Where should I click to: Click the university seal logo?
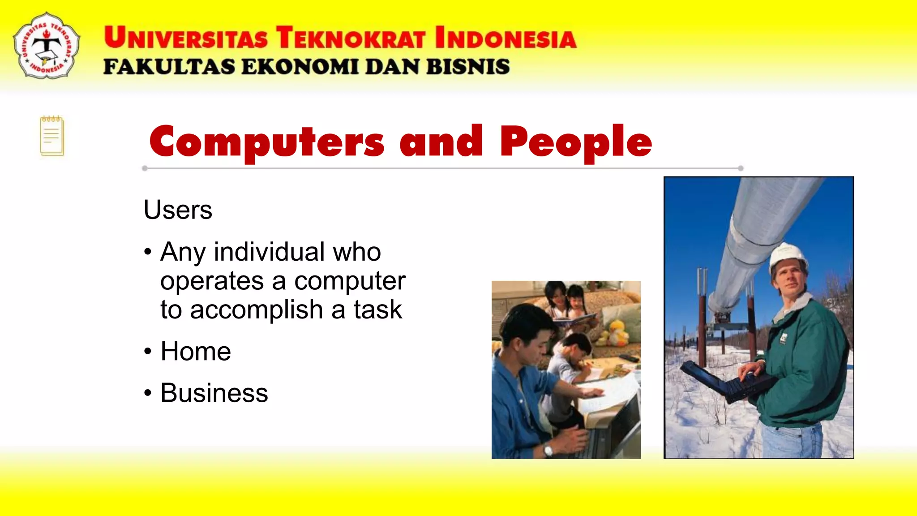[47, 46]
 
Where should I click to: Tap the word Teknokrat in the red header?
[350, 38]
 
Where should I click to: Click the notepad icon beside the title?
[52, 136]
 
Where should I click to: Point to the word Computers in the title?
[267, 142]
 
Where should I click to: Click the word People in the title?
[576, 142]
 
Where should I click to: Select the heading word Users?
[178, 210]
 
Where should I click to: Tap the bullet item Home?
[196, 351]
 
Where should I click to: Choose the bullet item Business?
[214, 393]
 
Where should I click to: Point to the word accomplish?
[257, 310]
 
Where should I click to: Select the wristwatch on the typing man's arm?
[548, 449]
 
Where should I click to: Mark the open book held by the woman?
[575, 320]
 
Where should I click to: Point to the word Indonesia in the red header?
[506, 38]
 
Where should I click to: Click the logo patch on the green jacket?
[784, 338]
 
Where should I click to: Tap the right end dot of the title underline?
[741, 168]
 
